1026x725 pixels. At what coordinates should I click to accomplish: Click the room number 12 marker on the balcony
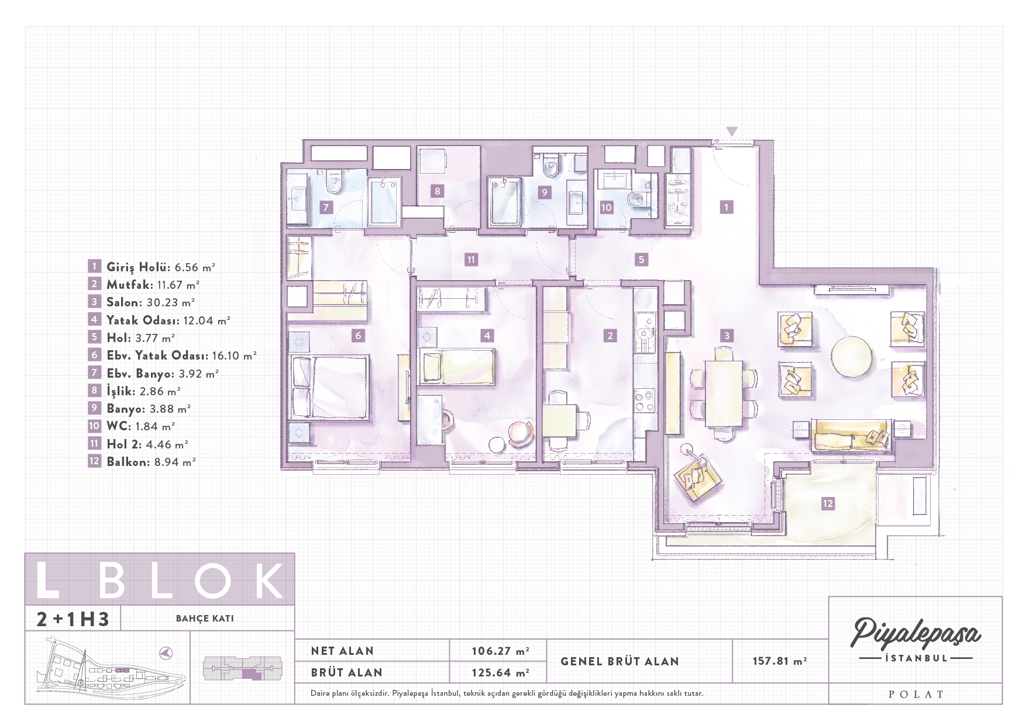(x=828, y=503)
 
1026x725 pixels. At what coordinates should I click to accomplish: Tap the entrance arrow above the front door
(x=732, y=132)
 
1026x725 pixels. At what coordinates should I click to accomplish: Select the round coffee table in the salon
(x=852, y=356)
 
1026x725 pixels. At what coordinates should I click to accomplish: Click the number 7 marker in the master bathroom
(x=326, y=207)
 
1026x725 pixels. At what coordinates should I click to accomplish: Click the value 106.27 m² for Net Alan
(x=501, y=651)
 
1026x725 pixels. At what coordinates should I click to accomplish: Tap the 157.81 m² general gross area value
(x=780, y=661)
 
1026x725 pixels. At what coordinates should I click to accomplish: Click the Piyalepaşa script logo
(x=915, y=634)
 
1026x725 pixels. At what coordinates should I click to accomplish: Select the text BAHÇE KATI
(x=205, y=619)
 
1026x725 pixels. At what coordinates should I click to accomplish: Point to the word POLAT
(x=916, y=695)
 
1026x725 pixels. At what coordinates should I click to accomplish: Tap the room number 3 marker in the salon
(x=727, y=336)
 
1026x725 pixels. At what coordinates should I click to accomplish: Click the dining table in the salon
(x=724, y=393)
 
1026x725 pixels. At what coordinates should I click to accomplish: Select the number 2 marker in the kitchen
(x=610, y=336)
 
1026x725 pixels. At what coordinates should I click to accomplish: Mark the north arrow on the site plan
(x=167, y=652)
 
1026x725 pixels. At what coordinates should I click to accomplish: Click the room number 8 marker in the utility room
(x=437, y=191)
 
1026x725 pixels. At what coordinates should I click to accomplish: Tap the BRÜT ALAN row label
(x=346, y=673)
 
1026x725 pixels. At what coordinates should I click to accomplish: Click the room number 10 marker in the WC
(x=607, y=207)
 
